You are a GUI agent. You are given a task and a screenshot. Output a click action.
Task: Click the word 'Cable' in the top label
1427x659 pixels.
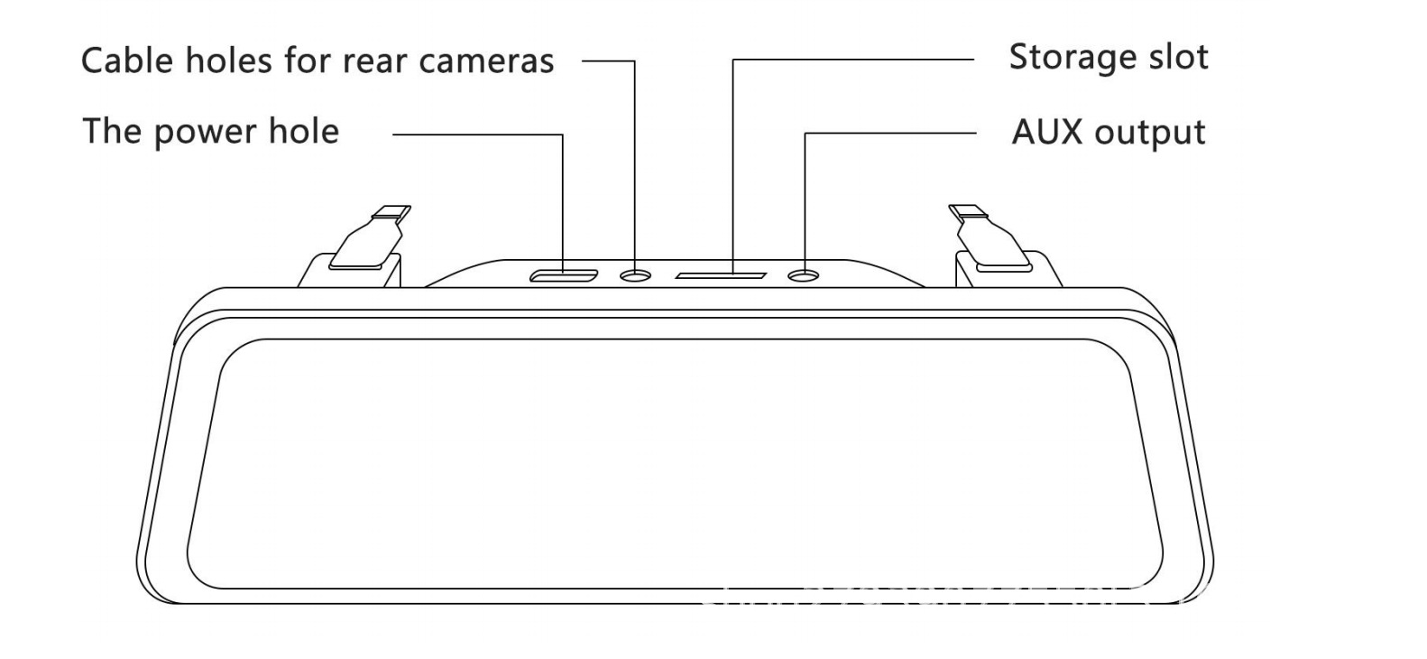[126, 60]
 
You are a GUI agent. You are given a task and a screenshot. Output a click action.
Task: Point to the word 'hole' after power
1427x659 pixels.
[303, 131]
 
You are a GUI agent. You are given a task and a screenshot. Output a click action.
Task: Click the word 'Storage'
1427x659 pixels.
[1061, 57]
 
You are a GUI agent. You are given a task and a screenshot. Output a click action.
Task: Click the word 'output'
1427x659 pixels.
[1149, 133]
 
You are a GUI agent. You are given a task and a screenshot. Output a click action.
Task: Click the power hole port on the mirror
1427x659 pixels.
[563, 274]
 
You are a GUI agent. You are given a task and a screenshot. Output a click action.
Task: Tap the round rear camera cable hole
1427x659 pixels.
[635, 274]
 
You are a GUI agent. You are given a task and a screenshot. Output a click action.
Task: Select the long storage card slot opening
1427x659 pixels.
[722, 274]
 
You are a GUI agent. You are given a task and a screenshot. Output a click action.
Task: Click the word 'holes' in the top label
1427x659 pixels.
[225, 60]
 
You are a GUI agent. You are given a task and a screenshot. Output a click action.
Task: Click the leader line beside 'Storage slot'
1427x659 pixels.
[852, 60]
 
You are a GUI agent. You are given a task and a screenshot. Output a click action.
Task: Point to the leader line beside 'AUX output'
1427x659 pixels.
[888, 134]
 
